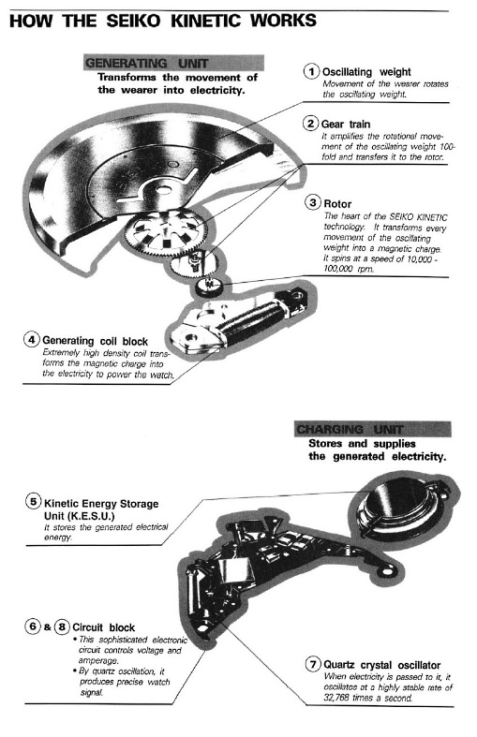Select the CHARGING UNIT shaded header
click(x=356, y=430)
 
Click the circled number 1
click(x=310, y=71)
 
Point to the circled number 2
click(x=310, y=124)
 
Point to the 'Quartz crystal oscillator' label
click(x=380, y=663)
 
